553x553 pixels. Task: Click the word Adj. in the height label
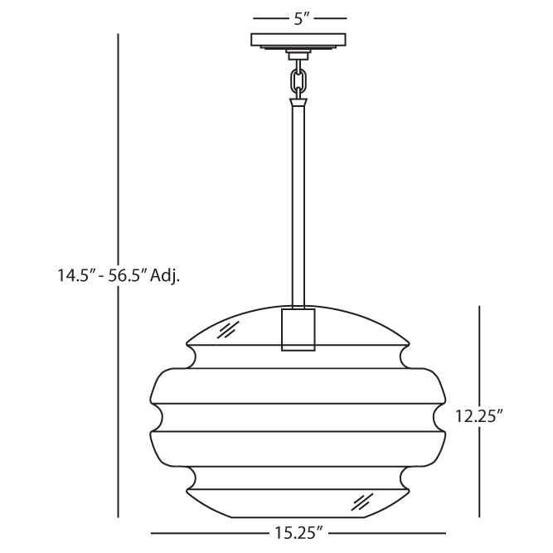(x=166, y=275)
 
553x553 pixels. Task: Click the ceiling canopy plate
(x=299, y=41)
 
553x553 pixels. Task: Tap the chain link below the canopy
(x=299, y=80)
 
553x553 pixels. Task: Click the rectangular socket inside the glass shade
(x=299, y=329)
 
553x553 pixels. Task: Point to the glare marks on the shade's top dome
(x=225, y=332)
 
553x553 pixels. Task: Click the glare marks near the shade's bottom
(x=361, y=501)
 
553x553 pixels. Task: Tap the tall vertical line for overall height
(x=119, y=149)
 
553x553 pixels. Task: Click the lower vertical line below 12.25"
(x=480, y=473)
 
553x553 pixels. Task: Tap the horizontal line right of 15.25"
(x=390, y=533)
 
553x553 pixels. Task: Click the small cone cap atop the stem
(x=299, y=104)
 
